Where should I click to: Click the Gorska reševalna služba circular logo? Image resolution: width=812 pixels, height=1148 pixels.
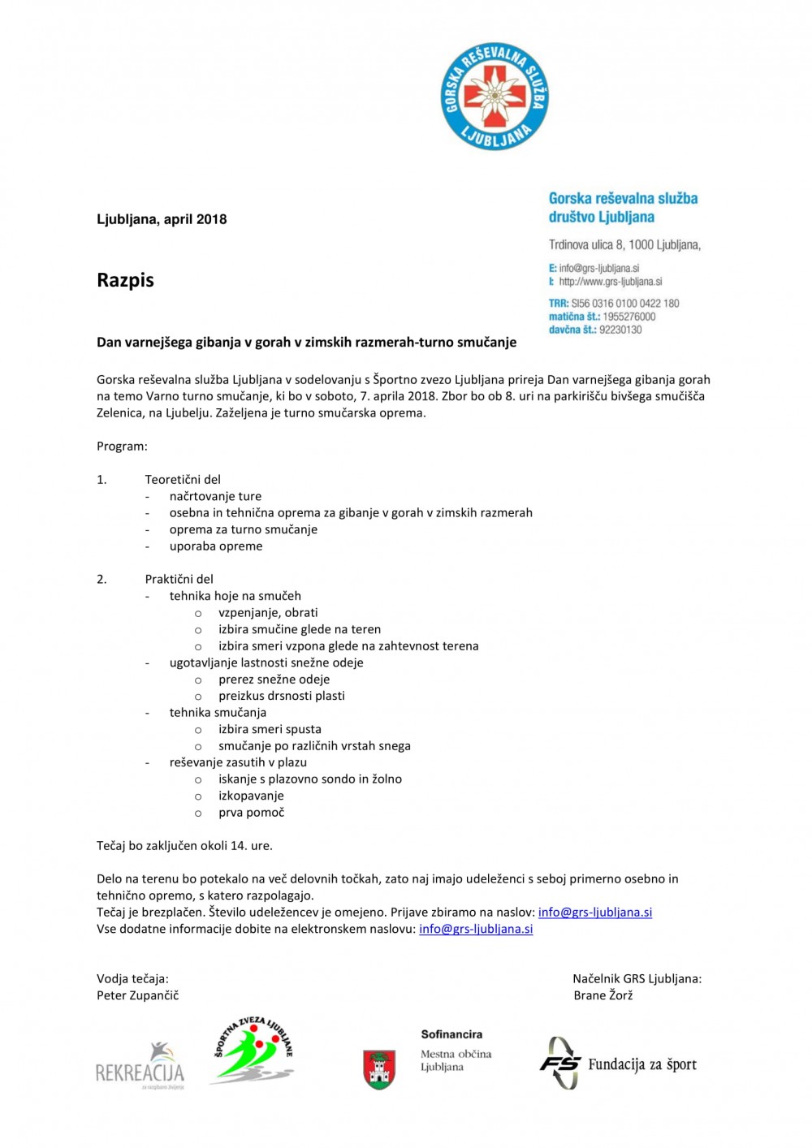(495, 97)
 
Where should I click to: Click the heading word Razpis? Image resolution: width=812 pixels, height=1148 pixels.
(125, 280)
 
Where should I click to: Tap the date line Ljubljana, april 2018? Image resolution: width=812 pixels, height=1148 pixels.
(162, 219)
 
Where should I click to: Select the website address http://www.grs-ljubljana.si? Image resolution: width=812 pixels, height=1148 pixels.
(610, 282)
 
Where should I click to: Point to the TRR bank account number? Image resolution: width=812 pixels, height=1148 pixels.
(624, 303)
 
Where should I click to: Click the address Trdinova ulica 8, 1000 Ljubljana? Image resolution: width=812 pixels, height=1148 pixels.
(624, 244)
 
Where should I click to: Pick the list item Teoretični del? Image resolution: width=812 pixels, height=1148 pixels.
(183, 480)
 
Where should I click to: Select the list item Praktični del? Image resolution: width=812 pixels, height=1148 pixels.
(179, 579)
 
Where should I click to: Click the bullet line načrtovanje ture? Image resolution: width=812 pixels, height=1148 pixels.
(215, 496)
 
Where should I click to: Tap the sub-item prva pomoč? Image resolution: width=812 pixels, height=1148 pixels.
(251, 812)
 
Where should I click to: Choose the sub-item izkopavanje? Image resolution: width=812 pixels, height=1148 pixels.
(251, 796)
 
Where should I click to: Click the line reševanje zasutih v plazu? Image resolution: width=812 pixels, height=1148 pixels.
(238, 762)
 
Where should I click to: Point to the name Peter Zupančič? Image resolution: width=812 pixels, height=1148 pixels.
(137, 995)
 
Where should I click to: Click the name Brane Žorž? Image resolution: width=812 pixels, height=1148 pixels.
(603, 995)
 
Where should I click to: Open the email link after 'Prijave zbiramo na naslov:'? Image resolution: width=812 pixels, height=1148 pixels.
(595, 912)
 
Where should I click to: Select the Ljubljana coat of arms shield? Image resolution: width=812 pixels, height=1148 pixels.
(378, 1069)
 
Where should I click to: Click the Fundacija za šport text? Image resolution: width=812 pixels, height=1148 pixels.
(641, 1064)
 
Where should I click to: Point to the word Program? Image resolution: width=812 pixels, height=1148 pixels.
(122, 447)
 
